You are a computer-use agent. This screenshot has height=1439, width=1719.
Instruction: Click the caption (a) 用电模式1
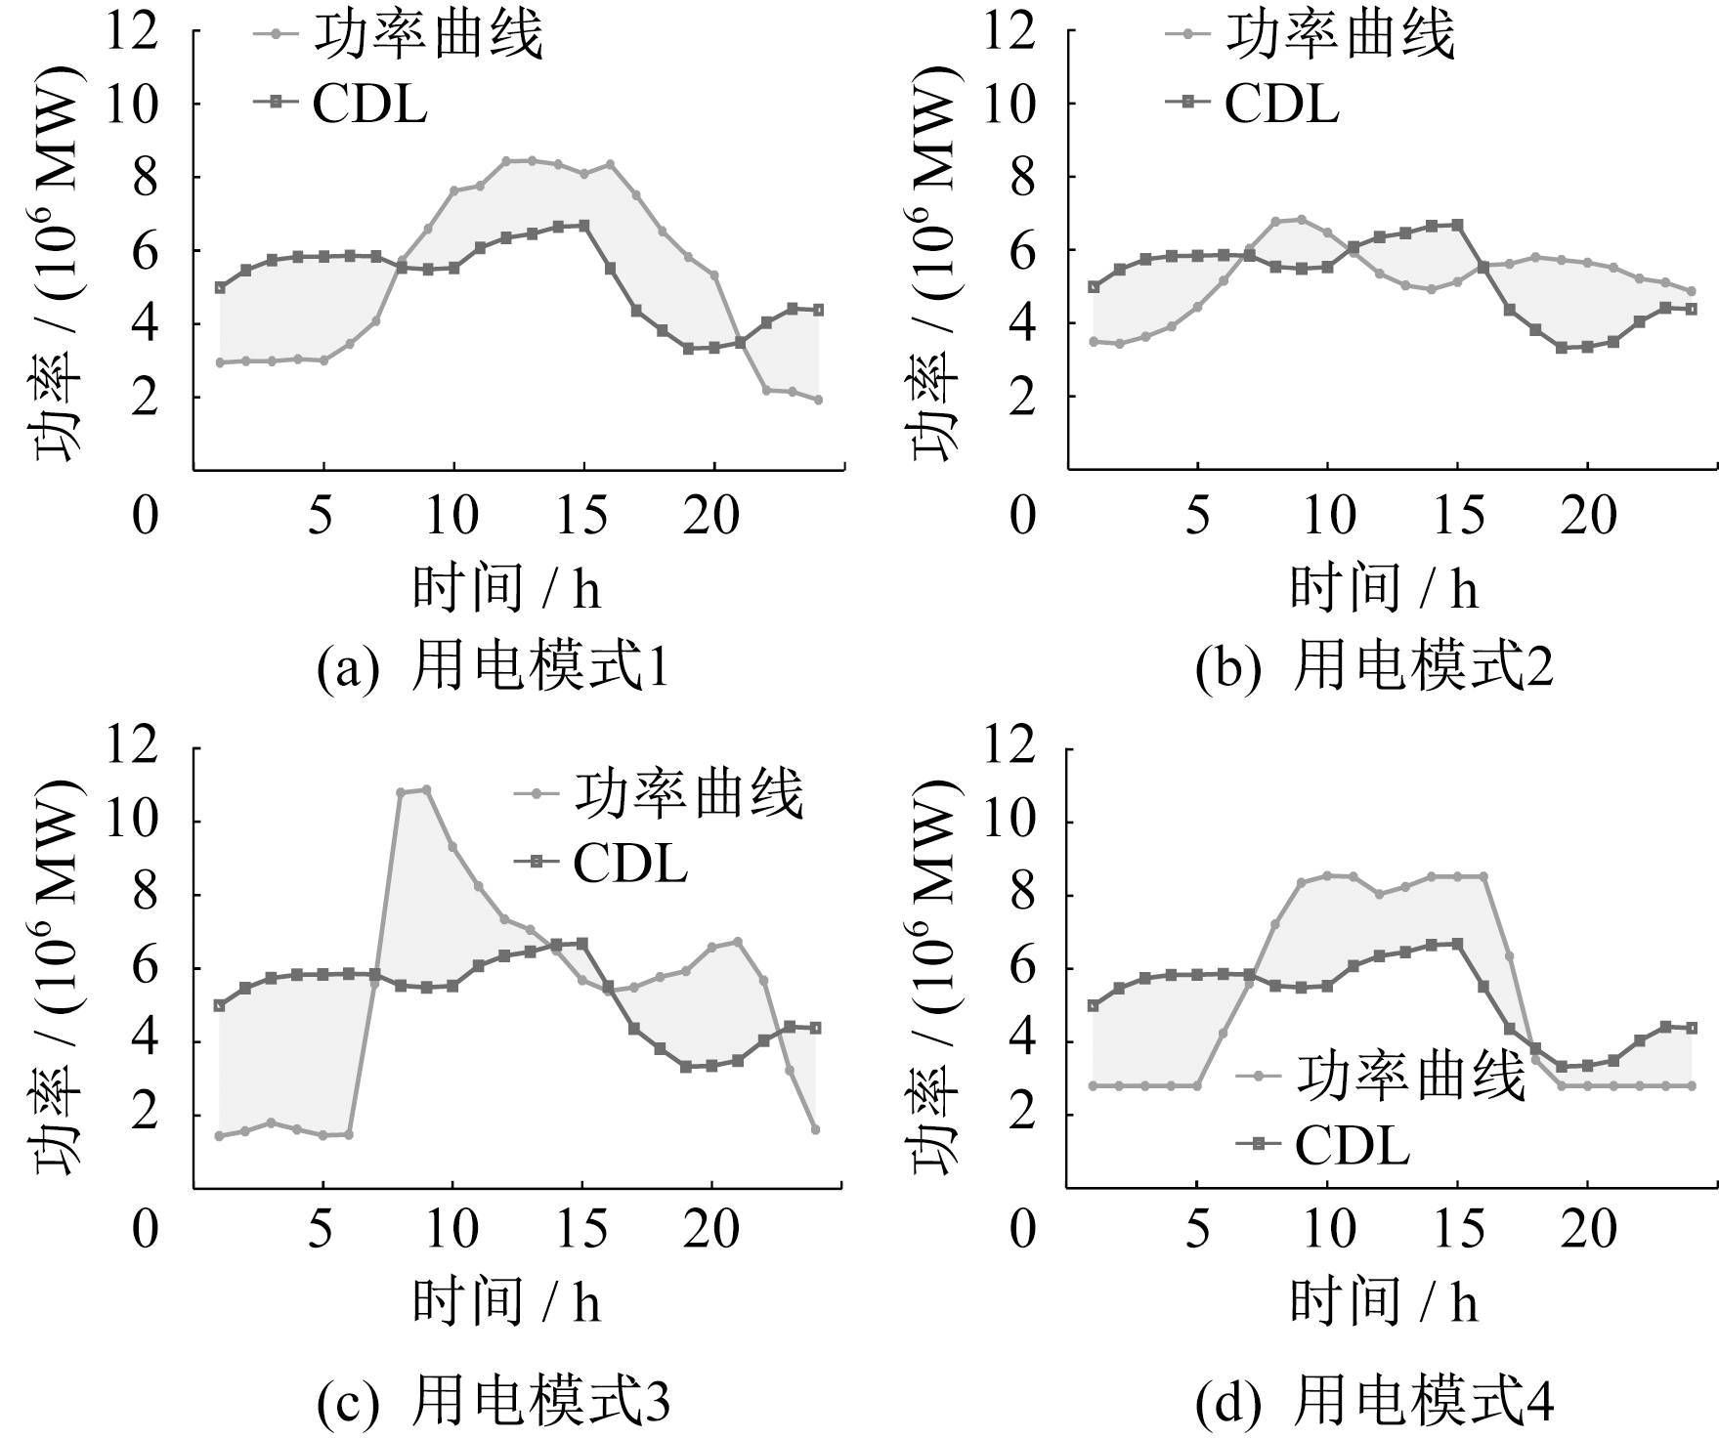494,669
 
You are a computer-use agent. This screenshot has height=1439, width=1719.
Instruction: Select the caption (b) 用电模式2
1374,669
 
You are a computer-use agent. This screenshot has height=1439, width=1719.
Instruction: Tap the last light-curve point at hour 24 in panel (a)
818,400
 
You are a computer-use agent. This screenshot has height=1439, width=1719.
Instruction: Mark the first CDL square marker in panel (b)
1094,286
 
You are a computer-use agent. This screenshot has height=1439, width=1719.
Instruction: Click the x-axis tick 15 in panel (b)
1459,515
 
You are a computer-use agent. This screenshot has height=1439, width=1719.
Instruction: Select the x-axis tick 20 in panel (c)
711,1230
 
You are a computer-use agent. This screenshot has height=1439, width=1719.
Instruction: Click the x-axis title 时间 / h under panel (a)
506,588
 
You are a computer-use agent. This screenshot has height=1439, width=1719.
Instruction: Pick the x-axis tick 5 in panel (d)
1198,1230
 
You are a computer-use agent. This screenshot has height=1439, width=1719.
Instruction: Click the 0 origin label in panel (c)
146,1230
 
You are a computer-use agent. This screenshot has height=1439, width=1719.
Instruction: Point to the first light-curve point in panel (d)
1094,1085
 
